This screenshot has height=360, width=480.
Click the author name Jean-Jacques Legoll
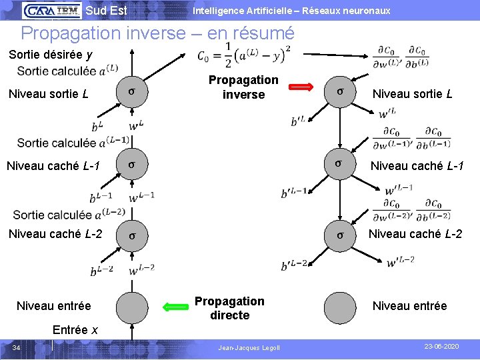[x=249, y=348]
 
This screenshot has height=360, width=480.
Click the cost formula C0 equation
[x=243, y=56]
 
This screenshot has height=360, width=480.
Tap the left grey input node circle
[x=132, y=307]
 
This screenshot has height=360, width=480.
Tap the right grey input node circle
[x=341, y=307]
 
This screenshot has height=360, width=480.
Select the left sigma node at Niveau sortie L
[x=132, y=93]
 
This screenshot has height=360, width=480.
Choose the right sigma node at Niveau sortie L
[x=341, y=92]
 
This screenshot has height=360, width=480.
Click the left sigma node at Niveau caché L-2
[x=132, y=236]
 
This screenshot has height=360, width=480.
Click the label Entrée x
[x=75, y=330]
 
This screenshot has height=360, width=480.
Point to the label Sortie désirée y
[x=51, y=55]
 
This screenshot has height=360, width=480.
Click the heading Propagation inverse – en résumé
[x=157, y=33]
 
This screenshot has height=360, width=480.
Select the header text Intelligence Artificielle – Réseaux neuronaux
[x=291, y=11]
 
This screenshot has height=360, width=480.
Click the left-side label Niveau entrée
[x=53, y=306]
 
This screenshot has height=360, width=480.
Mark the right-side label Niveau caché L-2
[x=415, y=233]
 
